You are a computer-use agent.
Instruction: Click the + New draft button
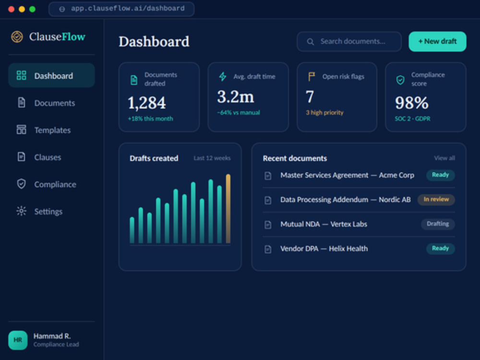coord(437,41)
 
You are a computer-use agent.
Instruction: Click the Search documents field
coord(349,41)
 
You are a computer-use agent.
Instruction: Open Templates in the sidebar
coord(51,130)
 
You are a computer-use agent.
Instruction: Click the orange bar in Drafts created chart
coord(228,209)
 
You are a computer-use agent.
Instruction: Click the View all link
coord(444,158)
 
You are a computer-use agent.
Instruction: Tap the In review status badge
coord(436,199)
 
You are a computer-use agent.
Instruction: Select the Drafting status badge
coord(438,224)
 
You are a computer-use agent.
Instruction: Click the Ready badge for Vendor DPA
coord(440,248)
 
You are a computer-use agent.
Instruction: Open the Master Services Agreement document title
coord(347,175)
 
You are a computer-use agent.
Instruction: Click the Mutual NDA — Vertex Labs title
coord(324,224)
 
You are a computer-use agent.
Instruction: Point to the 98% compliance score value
coord(411,103)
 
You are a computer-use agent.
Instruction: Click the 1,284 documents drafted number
coord(146,103)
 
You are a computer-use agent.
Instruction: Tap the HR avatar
coord(18,340)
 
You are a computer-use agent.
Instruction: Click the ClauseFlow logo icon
coord(17,37)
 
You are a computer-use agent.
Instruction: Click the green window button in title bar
coord(32,9)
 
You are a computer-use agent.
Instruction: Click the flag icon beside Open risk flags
coord(312,76)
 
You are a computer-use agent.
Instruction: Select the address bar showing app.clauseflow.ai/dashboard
coord(121,9)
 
